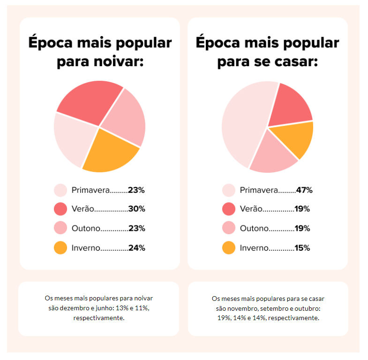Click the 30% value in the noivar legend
coord(136,209)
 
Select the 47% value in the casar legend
coord(304,190)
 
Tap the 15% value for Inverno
coord(302,248)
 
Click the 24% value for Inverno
coord(136,248)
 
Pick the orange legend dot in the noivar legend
coord(61,248)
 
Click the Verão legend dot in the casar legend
coord(228,209)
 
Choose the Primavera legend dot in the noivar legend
coord(61,190)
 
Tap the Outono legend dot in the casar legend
coord(228,229)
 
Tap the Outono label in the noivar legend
coord(86,229)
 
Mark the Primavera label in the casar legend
coord(259,190)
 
